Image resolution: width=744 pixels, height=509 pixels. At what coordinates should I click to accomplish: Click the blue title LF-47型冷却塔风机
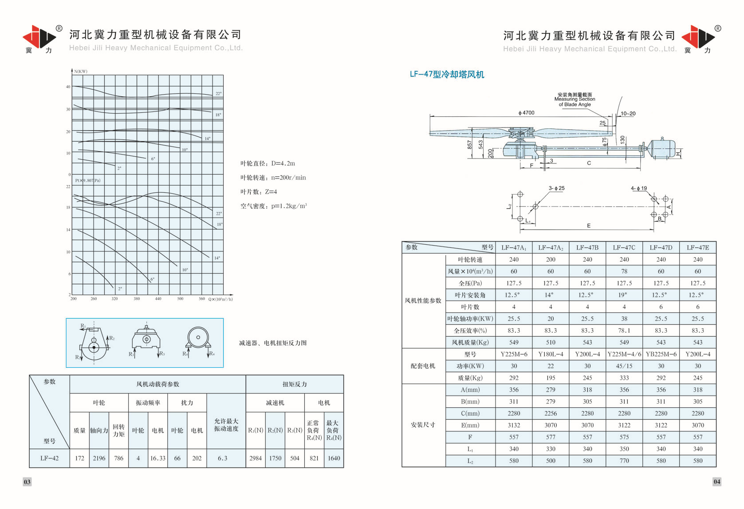click(x=447, y=75)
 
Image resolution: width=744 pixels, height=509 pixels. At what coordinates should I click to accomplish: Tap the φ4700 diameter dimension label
click(x=526, y=113)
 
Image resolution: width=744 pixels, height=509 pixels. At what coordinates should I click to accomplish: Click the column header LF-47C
click(x=624, y=247)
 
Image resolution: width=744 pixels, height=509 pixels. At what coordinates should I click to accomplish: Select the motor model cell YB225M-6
click(x=661, y=354)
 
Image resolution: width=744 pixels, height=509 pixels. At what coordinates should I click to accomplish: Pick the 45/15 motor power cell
click(x=624, y=366)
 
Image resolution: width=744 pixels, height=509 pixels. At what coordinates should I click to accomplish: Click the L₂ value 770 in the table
click(x=624, y=461)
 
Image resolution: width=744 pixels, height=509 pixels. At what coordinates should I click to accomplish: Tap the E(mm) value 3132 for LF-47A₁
click(x=514, y=425)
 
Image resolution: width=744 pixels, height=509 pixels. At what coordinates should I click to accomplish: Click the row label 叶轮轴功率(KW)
click(x=470, y=318)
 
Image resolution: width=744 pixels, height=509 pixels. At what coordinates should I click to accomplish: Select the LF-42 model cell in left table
click(x=49, y=458)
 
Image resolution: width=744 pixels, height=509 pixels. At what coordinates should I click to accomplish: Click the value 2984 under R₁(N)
click(x=256, y=458)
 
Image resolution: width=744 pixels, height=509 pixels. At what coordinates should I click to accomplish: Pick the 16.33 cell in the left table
click(x=157, y=458)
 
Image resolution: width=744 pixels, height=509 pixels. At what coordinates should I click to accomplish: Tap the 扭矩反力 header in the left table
click(x=295, y=384)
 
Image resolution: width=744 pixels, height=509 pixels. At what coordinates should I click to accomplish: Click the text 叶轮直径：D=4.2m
click(x=268, y=163)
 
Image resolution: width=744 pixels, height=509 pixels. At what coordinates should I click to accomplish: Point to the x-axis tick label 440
click(x=158, y=299)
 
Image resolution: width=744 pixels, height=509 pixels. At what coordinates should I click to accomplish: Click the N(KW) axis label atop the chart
click(x=81, y=72)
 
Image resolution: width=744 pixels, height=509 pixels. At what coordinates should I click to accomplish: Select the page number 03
click(x=27, y=482)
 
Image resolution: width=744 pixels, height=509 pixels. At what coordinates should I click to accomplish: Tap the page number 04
click(x=716, y=482)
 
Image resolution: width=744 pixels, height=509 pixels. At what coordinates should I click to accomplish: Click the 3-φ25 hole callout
click(x=556, y=188)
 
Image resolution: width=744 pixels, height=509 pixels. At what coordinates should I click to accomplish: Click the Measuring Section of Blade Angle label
click(x=575, y=100)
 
